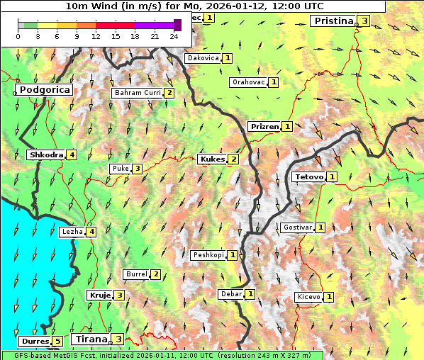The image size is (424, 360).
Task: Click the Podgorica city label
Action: click(44, 90)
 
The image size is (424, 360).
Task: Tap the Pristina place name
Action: click(333, 21)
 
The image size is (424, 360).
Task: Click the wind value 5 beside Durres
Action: click(57, 342)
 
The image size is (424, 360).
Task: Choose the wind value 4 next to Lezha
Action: click(91, 231)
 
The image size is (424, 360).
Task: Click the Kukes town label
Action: click(212, 159)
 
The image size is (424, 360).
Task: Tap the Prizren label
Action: click(264, 126)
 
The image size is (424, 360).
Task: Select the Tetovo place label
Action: click(308, 176)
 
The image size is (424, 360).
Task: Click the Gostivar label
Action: click(296, 227)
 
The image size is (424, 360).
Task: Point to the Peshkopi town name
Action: click(208, 255)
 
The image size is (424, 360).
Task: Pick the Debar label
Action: click(230, 294)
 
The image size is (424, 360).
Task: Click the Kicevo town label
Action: click(308, 296)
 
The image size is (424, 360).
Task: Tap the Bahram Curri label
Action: click(138, 93)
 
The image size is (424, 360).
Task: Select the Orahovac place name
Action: click(248, 82)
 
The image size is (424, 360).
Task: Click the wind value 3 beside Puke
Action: click(137, 169)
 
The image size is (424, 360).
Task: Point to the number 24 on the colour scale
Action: click(174, 36)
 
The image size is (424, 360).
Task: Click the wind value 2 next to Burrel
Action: click(155, 274)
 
